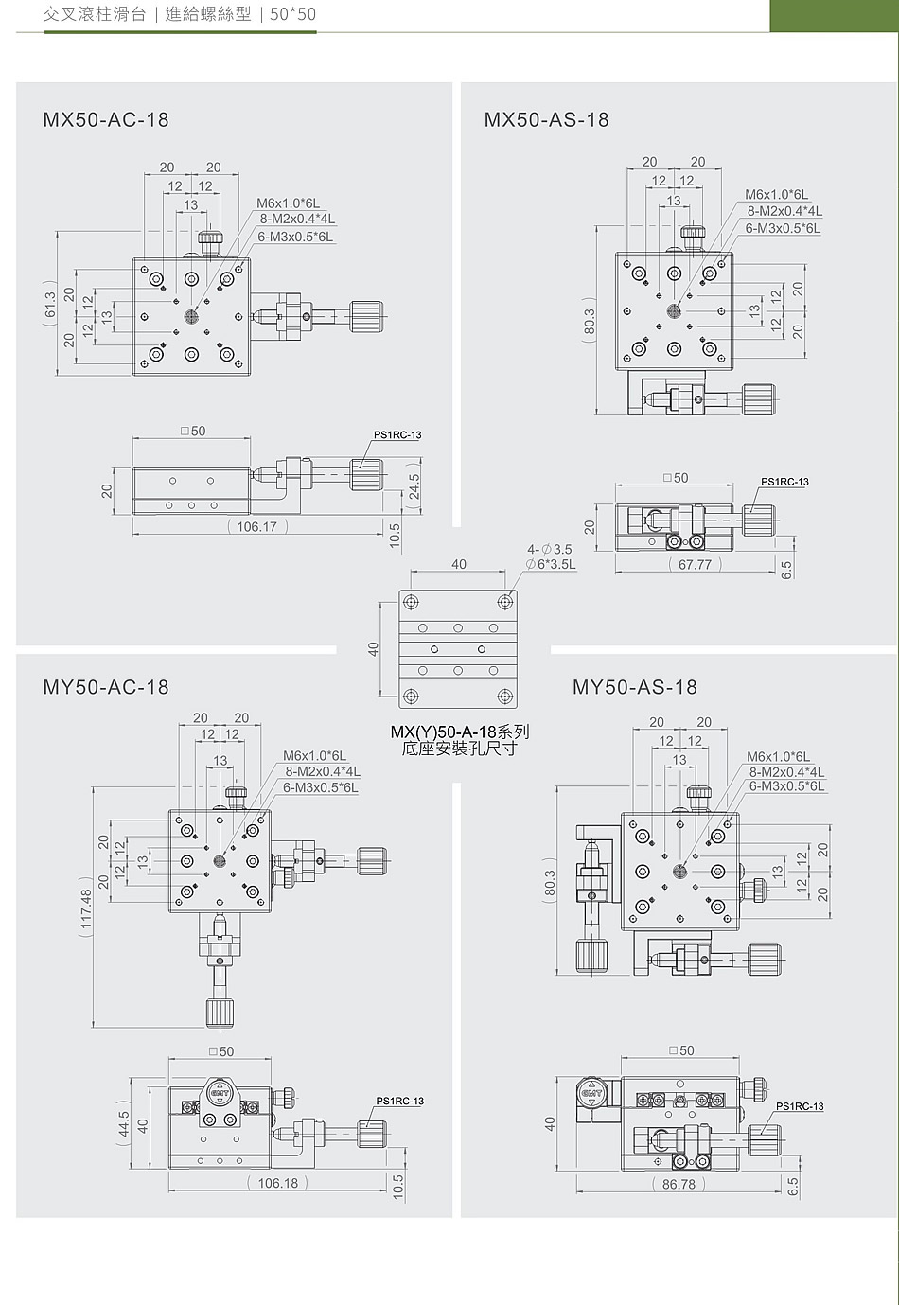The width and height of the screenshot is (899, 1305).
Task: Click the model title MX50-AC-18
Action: (x=105, y=120)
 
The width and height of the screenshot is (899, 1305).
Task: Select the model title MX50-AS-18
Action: (x=547, y=120)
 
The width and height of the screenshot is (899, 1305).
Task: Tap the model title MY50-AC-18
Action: (x=105, y=687)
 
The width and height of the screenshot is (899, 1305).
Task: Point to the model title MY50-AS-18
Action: (x=634, y=687)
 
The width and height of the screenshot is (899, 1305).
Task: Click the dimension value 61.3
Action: (x=51, y=304)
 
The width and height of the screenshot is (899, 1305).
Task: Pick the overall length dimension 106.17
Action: (x=257, y=527)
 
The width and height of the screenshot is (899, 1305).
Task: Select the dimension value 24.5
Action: (x=414, y=485)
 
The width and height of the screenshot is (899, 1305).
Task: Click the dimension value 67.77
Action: (x=696, y=565)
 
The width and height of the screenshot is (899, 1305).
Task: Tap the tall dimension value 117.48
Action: (x=87, y=908)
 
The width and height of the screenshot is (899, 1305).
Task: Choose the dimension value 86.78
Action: (x=679, y=1185)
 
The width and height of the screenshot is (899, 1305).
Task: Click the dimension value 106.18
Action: (x=278, y=1183)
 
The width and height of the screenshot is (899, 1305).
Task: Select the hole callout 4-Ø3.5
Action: (x=550, y=550)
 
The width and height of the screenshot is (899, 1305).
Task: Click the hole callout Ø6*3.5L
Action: (x=550, y=564)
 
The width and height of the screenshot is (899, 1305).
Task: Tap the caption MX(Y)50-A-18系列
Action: (x=460, y=732)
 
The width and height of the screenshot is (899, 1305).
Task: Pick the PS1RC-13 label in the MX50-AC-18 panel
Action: (x=398, y=434)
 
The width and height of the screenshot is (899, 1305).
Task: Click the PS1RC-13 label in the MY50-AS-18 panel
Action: (x=800, y=1106)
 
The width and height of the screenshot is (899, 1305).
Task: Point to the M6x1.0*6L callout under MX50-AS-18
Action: (x=777, y=195)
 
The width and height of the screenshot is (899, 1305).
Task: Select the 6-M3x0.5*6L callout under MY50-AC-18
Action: (x=321, y=788)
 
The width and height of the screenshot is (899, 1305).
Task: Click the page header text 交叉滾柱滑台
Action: (x=95, y=14)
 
